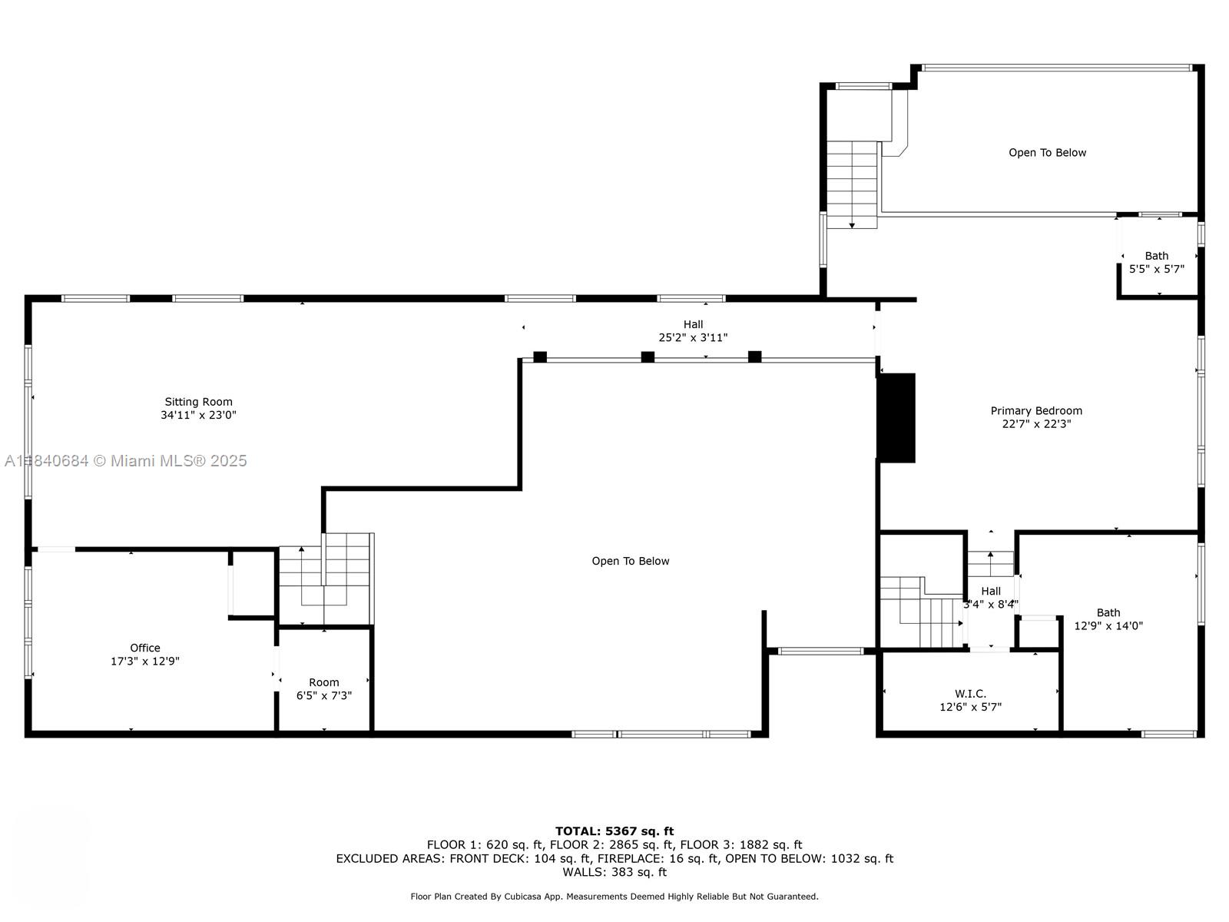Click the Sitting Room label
198,402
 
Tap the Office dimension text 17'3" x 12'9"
145,661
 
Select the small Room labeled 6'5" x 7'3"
324,688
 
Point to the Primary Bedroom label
1036,411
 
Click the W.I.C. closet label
970,694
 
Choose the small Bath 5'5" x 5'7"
1156,262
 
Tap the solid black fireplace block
896,418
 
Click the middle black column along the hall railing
648,357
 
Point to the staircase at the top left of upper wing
852,184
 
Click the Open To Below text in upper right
1047,153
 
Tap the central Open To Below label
630,561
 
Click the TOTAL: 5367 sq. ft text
614,831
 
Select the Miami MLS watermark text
126,461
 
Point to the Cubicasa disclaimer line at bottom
614,896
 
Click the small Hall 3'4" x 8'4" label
990,597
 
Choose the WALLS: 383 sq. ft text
614,872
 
